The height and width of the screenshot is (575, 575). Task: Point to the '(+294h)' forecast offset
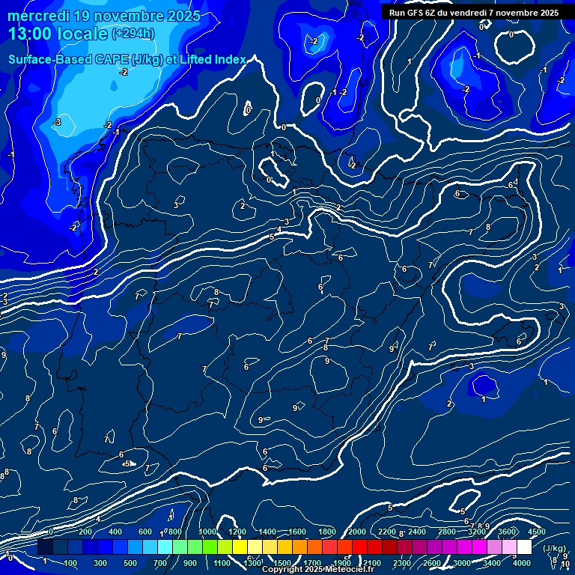(x=133, y=34)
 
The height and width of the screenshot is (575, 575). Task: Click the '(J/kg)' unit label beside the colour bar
(x=555, y=549)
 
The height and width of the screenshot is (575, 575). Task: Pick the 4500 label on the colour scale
(x=537, y=532)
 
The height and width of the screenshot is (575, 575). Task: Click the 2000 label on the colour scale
(x=357, y=532)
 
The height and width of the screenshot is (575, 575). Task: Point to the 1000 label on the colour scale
(x=207, y=532)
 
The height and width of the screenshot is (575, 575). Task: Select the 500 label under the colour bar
(x=130, y=563)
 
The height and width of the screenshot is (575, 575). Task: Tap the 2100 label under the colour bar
(x=372, y=563)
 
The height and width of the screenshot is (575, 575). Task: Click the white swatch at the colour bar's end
(x=524, y=547)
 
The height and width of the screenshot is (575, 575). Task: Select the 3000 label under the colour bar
(x=462, y=563)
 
